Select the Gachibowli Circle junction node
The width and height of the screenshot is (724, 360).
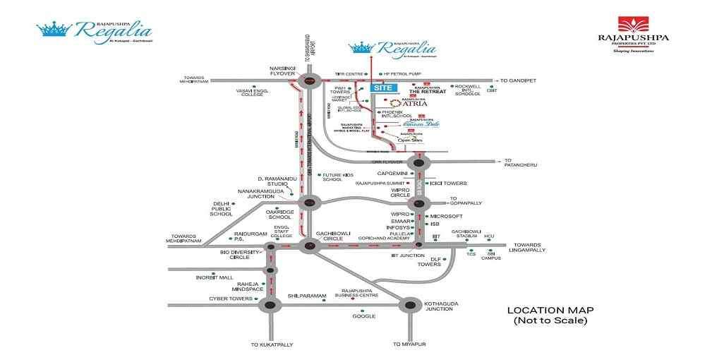pos(308,246)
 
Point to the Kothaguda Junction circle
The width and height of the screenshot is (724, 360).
pos(410,305)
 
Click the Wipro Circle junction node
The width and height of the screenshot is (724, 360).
pos(419,203)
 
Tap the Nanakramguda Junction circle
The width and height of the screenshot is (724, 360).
pos(308,203)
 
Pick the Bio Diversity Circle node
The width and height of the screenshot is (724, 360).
pos(270,247)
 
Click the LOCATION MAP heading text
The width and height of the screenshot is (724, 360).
pos(550,310)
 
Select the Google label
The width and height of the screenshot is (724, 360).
pos(364,316)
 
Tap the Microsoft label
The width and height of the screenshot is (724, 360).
pos(446,216)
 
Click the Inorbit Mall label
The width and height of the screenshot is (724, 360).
pos(215,277)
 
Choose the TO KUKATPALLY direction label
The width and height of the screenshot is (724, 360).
pos(272,344)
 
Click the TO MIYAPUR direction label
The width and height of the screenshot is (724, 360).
pos(411,344)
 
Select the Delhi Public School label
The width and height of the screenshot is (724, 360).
pos(222,209)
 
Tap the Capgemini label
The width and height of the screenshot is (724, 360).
pos(392,173)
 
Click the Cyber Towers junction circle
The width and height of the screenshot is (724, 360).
pos(269,305)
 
